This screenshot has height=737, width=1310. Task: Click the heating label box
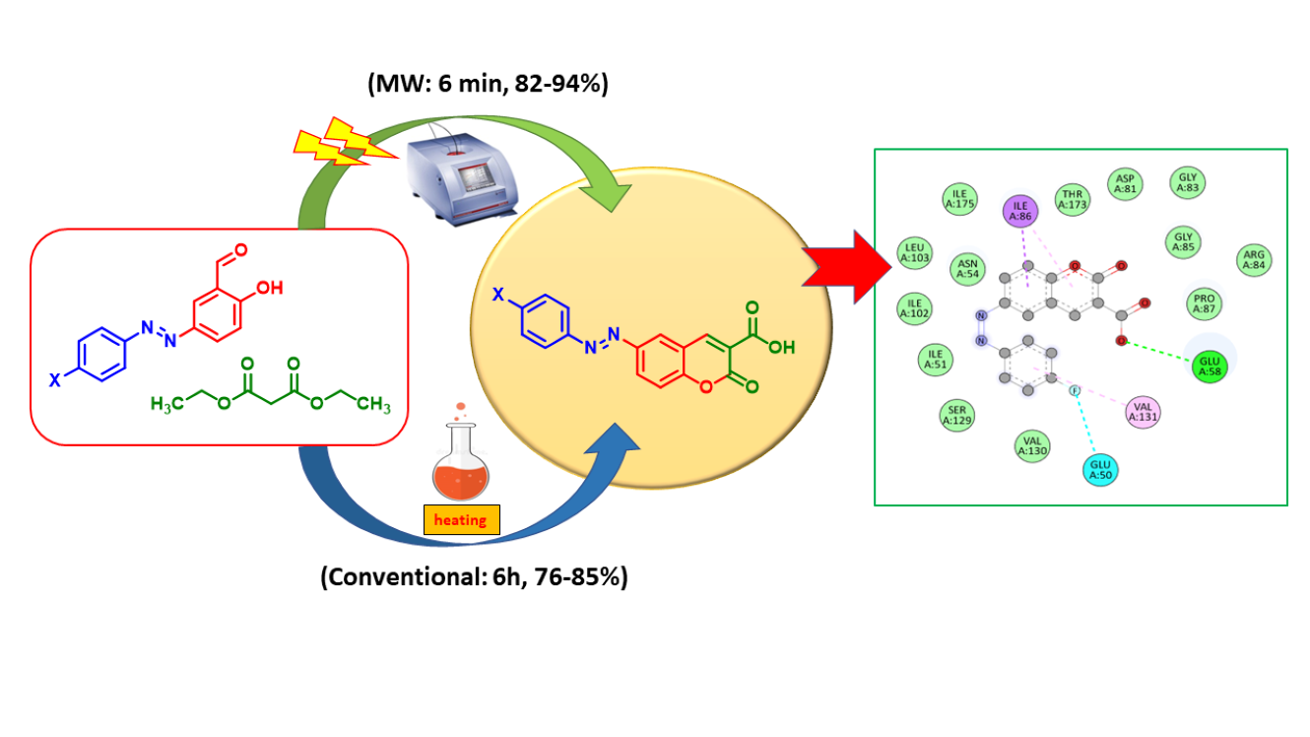[x=461, y=519]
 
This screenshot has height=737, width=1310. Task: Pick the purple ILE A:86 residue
[x=1021, y=209]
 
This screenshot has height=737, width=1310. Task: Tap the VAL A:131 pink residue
[x=1144, y=411]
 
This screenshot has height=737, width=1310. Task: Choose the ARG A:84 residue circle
[x=1255, y=260]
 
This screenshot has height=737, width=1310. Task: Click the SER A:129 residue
[x=956, y=416]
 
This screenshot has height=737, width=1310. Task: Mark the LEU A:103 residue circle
[x=916, y=253]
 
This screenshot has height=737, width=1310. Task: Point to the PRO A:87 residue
[x=1203, y=302]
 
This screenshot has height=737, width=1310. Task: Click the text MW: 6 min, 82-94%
[x=488, y=84]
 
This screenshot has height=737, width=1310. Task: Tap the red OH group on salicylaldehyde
[x=271, y=288]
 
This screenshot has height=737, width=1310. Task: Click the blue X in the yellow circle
[x=499, y=293]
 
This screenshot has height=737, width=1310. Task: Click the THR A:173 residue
[x=1073, y=199]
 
